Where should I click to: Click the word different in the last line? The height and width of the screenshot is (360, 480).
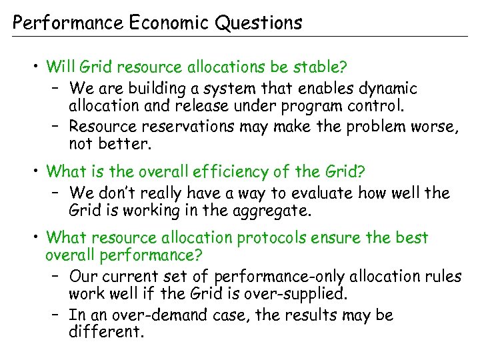105,331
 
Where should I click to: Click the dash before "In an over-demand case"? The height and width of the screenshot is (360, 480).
55,315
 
